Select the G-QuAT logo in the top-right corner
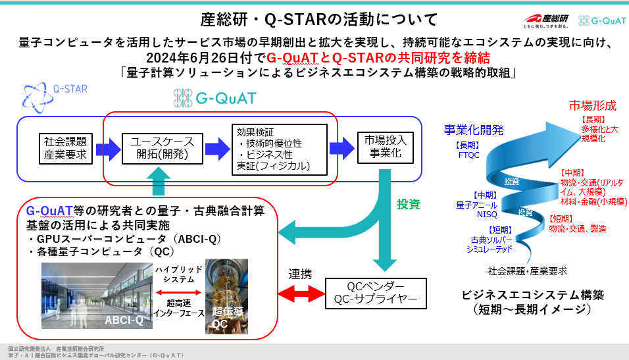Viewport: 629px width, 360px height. click(601, 20)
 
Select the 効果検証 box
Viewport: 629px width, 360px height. click(279, 149)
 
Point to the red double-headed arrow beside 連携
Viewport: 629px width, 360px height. click(300, 291)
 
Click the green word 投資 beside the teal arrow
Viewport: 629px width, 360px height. click(407, 204)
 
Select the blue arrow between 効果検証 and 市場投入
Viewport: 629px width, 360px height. click(341, 148)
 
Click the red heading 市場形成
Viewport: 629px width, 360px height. click(592, 105)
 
